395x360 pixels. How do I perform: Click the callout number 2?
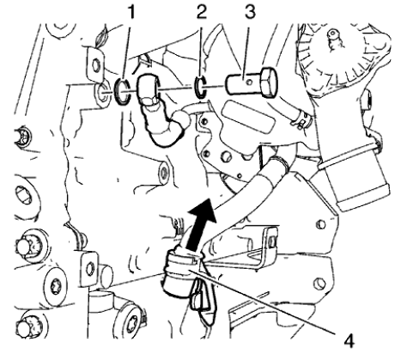pyautogui.click(x=202, y=13)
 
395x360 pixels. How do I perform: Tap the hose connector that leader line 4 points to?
pyautogui.click(x=183, y=267)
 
